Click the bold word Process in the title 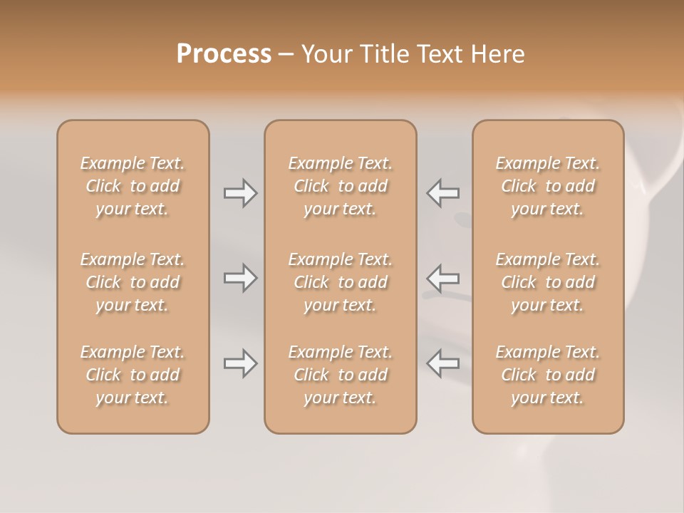point(224,54)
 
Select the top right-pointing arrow point(240,193)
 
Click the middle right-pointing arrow point(240,278)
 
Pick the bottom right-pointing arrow point(240,363)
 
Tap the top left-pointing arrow point(443,193)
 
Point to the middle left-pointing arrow point(443,278)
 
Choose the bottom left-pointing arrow point(443,363)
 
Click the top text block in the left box point(133,186)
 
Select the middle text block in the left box point(133,282)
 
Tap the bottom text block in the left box point(133,375)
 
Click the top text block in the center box point(341,186)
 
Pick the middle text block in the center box point(341,282)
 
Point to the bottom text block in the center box point(341,375)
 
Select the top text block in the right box point(548,186)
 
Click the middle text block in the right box point(548,282)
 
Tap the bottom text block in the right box point(548,375)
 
